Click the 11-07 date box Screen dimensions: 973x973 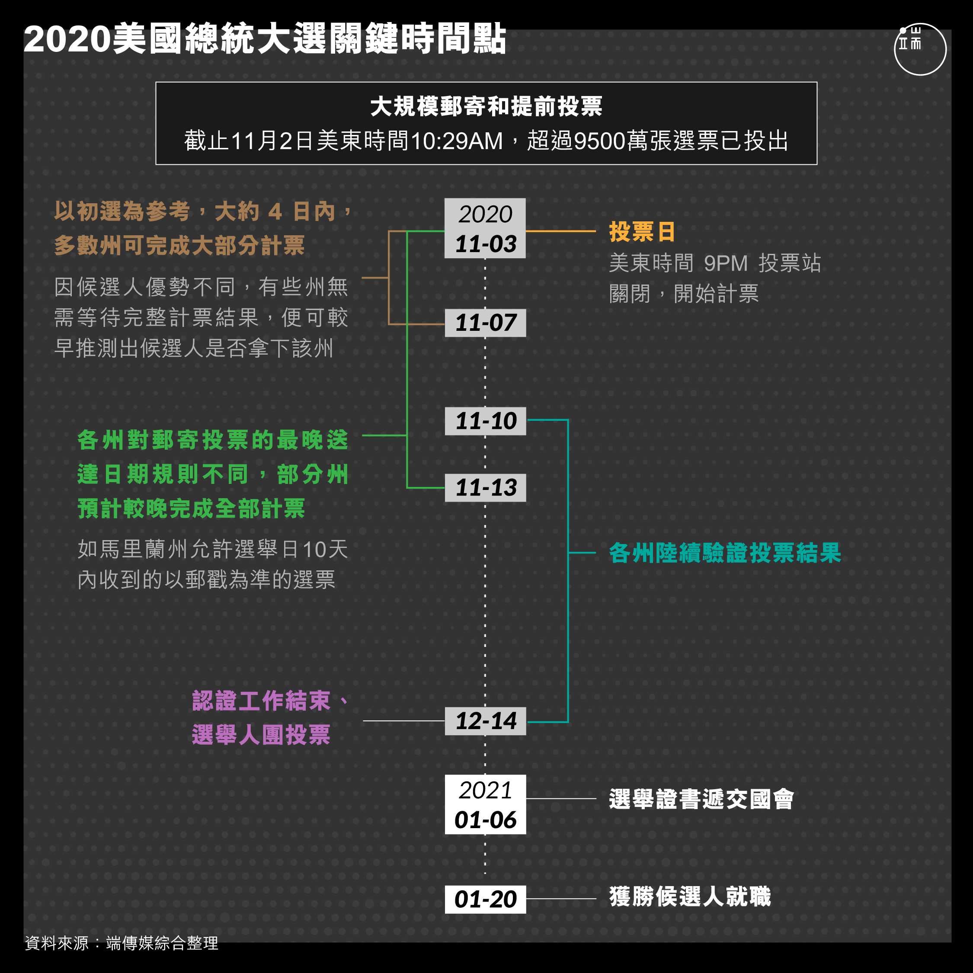485,323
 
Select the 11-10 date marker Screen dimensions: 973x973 485,421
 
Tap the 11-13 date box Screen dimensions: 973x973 485,487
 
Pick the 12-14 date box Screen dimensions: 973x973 485,721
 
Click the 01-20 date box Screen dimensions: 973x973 485,899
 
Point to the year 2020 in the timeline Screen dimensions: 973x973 485,214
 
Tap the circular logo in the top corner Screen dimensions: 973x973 920,49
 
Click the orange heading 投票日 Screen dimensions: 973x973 642,232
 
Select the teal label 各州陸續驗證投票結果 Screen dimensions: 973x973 725,553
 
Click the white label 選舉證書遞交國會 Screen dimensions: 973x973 701,799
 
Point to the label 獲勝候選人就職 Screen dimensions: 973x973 689,896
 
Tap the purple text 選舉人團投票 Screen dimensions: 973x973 261,734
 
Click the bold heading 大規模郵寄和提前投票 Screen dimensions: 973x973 486,106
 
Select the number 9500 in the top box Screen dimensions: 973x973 599,141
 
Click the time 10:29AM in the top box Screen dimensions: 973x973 457,141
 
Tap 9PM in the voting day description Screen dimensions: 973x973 726,263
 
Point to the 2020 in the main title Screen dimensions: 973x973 67,39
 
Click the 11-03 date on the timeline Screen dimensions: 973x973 485,244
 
